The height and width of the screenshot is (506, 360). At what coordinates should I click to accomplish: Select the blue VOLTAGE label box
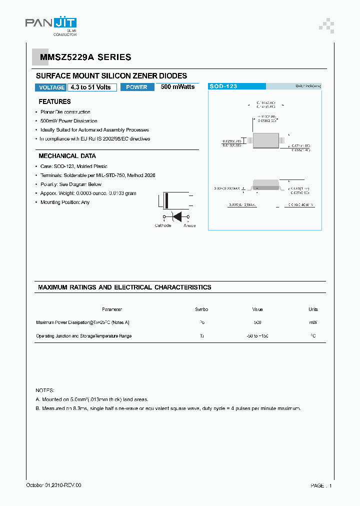(x=51, y=87)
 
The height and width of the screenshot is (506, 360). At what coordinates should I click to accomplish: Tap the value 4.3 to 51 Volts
(x=91, y=87)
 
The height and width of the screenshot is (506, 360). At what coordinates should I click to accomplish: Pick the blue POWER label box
(x=136, y=87)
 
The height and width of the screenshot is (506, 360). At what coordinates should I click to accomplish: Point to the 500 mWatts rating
(x=177, y=87)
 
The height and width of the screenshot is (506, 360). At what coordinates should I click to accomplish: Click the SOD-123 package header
(x=223, y=86)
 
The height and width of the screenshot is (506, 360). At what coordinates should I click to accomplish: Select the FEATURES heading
(x=54, y=101)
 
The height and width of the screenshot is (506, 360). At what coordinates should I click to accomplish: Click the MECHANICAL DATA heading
(x=67, y=156)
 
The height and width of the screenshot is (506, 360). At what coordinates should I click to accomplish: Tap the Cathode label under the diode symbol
(x=163, y=225)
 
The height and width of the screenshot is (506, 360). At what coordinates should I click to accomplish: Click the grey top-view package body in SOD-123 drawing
(x=265, y=141)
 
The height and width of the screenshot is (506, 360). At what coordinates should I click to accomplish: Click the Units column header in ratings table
(x=313, y=309)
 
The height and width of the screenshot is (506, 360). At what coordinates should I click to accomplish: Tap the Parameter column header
(x=112, y=309)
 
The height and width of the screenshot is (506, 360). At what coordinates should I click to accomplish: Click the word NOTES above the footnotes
(x=45, y=390)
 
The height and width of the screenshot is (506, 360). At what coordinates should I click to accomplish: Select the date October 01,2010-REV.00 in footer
(x=53, y=485)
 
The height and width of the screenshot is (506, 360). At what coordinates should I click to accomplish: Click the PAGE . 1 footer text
(x=321, y=485)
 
